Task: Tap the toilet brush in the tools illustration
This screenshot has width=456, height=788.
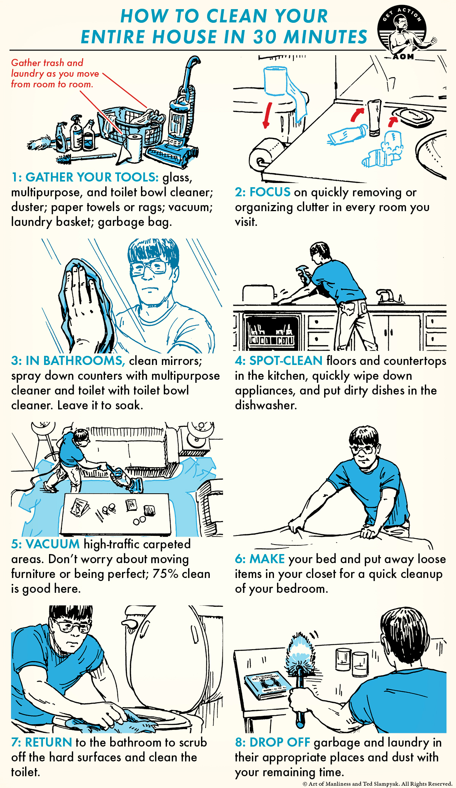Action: tap(85, 157)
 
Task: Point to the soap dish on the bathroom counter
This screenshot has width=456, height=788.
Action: tap(413, 117)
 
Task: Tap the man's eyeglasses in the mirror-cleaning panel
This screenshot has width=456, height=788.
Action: tap(149, 267)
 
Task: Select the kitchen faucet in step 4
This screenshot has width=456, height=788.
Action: tap(388, 296)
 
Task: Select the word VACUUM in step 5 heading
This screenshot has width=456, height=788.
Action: tap(53, 544)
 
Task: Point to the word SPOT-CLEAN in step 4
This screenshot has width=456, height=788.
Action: tap(286, 360)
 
